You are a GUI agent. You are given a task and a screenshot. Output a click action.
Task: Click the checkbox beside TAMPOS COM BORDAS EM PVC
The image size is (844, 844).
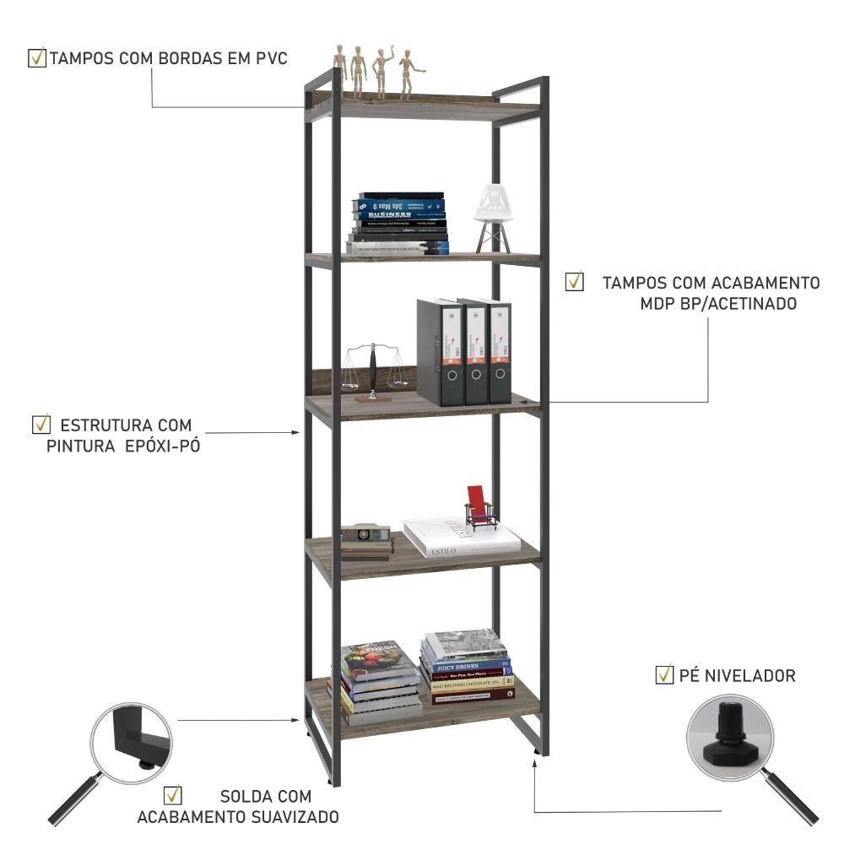[x=37, y=58]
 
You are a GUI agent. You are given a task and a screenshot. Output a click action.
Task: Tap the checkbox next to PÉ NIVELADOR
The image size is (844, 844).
[x=664, y=674]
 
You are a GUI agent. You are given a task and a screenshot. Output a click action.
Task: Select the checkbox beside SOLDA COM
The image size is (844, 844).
[x=173, y=795]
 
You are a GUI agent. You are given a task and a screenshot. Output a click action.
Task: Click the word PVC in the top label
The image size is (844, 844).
[x=272, y=59]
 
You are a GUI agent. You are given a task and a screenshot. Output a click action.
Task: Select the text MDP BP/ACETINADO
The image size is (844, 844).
[x=718, y=304]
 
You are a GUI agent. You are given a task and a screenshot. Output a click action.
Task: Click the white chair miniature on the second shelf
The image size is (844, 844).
[x=493, y=215]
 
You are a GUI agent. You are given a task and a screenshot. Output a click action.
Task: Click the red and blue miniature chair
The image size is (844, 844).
[x=479, y=508]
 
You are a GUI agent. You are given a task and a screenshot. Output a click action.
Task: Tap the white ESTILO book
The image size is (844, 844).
[x=460, y=538]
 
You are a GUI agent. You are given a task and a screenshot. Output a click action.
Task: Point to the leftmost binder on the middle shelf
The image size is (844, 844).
[x=437, y=352]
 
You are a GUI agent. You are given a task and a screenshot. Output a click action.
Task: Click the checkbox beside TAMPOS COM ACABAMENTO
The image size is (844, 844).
[x=575, y=282]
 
